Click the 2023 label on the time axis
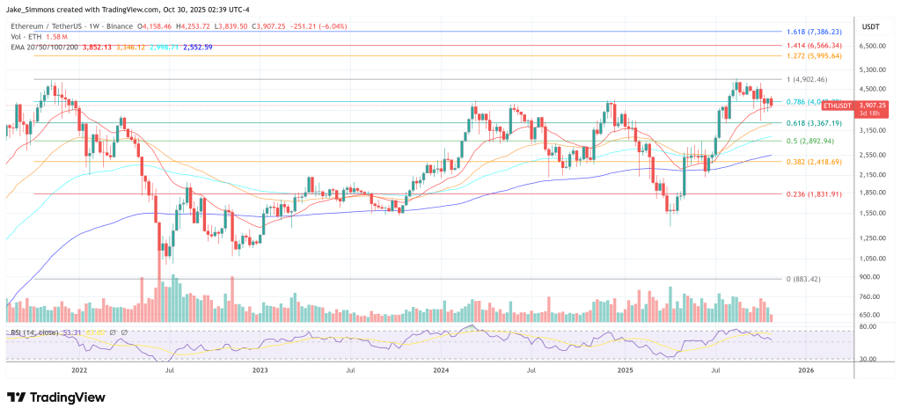tap(260, 371)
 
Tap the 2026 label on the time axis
tap(805, 371)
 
